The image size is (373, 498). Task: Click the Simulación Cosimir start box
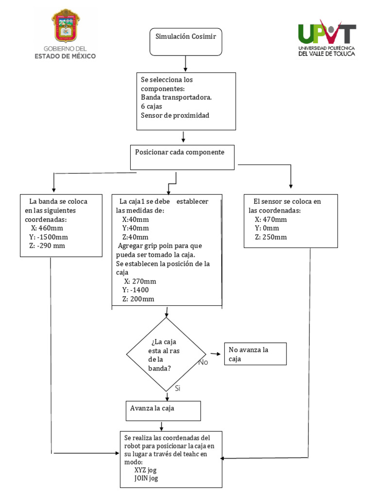[186, 41]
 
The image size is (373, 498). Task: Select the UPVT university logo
[326, 38]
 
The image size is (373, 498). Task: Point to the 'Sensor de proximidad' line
[175, 115]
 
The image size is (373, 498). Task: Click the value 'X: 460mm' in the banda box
[47, 228]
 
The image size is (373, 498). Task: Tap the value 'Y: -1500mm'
[49, 237]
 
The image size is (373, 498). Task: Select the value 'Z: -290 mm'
[47, 246]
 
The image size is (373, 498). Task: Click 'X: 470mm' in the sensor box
[271, 219]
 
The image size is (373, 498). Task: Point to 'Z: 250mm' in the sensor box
[271, 237]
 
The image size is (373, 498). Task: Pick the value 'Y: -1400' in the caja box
[136, 290]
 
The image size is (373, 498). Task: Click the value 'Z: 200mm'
[138, 299]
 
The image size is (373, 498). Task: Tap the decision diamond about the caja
[166, 355]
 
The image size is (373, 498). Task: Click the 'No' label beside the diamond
[203, 362]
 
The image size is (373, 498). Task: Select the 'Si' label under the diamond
[178, 388]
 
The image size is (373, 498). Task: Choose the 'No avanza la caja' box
[255, 354]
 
